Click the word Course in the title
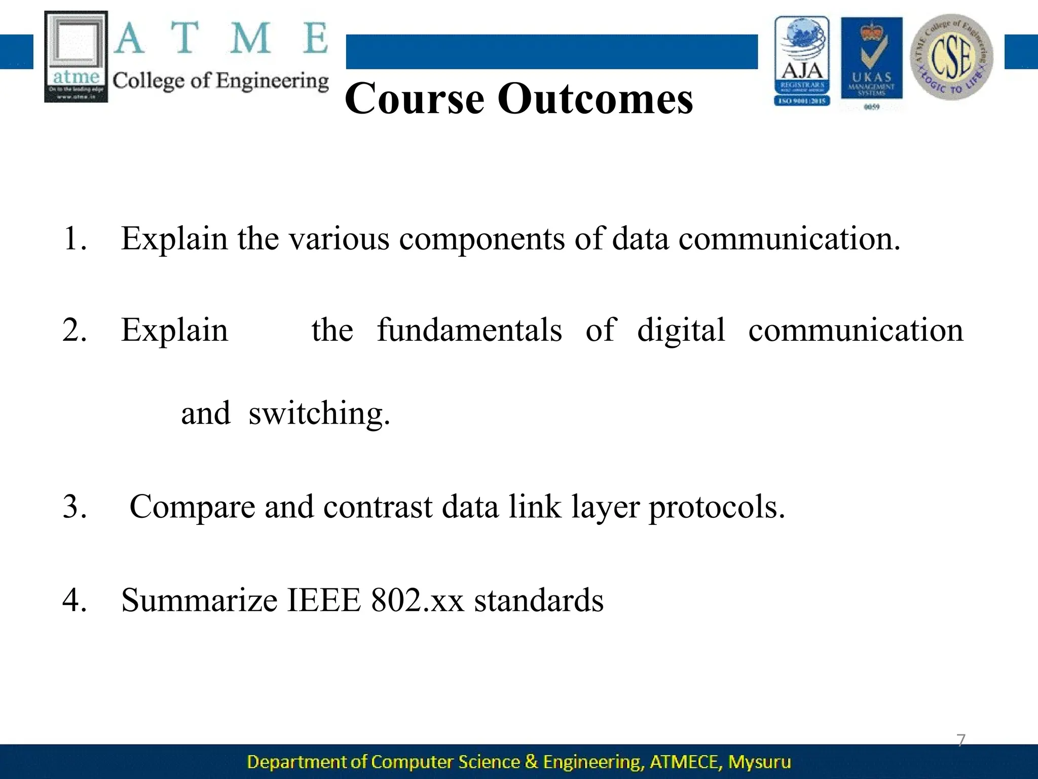(x=415, y=98)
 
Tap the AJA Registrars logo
(x=802, y=61)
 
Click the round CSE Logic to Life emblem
(x=952, y=57)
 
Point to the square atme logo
(x=76, y=56)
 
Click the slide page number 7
(x=961, y=740)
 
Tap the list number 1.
(x=74, y=238)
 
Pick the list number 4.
(x=74, y=600)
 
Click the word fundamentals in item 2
(x=469, y=330)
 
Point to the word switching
(x=319, y=414)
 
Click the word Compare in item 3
(x=192, y=507)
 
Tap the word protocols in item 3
(x=717, y=507)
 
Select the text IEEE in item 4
(x=324, y=600)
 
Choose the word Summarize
(x=199, y=600)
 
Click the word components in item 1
(x=481, y=238)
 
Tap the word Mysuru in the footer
(x=759, y=762)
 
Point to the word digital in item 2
(x=681, y=330)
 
